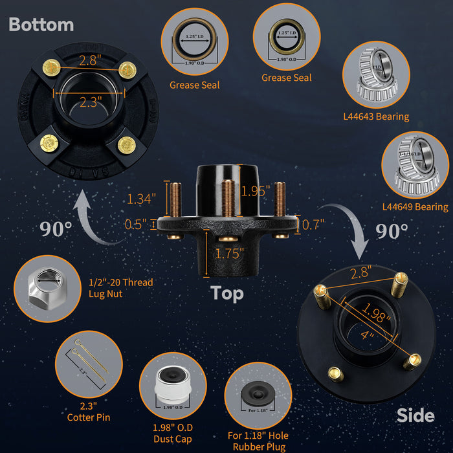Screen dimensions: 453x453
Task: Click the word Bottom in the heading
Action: pyautogui.click(x=41, y=25)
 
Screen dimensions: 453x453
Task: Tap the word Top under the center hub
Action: pyautogui.click(x=227, y=293)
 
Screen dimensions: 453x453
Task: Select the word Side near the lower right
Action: pyautogui.click(x=415, y=415)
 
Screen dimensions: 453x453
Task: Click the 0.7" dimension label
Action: pyautogui.click(x=313, y=225)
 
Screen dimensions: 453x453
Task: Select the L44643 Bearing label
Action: pyautogui.click(x=376, y=116)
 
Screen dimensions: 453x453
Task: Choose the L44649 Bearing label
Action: pyautogui.click(x=415, y=207)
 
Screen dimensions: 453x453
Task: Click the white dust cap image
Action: pyautogui.click(x=173, y=386)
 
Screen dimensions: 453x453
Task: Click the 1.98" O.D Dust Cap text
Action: pyautogui.click(x=173, y=434)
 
